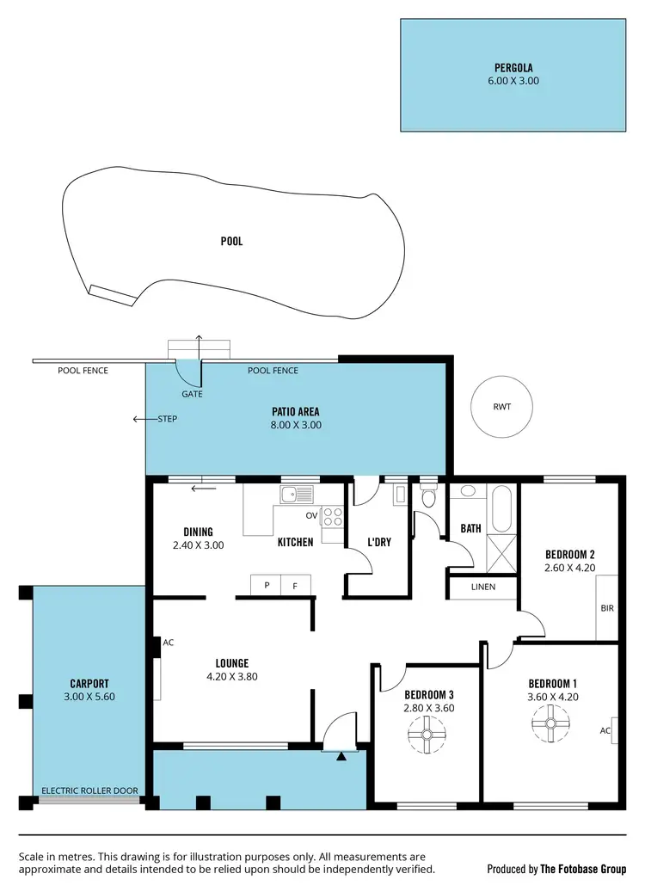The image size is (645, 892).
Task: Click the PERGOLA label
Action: click(x=513, y=66)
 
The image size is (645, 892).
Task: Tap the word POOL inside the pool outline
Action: click(x=231, y=242)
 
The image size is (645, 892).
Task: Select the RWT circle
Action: click(x=501, y=407)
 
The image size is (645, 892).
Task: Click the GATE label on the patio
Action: click(x=192, y=393)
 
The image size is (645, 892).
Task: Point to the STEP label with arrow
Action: click(x=166, y=420)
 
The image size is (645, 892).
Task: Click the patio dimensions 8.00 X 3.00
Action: click(x=295, y=425)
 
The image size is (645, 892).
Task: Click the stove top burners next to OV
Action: click(x=332, y=517)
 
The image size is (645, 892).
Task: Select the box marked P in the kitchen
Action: click(x=267, y=585)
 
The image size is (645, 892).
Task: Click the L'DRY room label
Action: click(x=378, y=543)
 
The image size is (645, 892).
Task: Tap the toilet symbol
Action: click(x=429, y=496)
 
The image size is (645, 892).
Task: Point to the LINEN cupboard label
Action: click(x=483, y=587)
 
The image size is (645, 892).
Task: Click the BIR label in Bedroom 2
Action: click(x=607, y=607)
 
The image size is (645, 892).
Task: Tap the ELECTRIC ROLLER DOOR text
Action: click(x=90, y=790)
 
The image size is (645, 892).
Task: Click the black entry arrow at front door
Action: click(x=341, y=757)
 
